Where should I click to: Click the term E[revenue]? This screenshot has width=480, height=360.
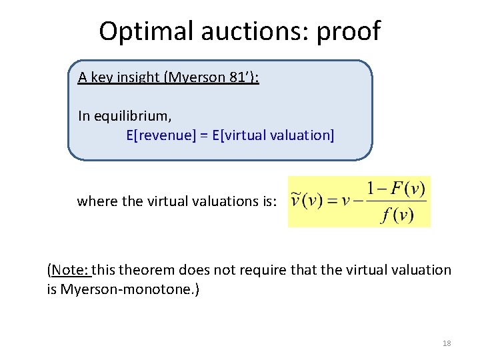tap(161, 135)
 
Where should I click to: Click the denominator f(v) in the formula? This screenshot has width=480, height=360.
tap(398, 216)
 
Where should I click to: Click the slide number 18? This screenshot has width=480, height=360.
tap(447, 343)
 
